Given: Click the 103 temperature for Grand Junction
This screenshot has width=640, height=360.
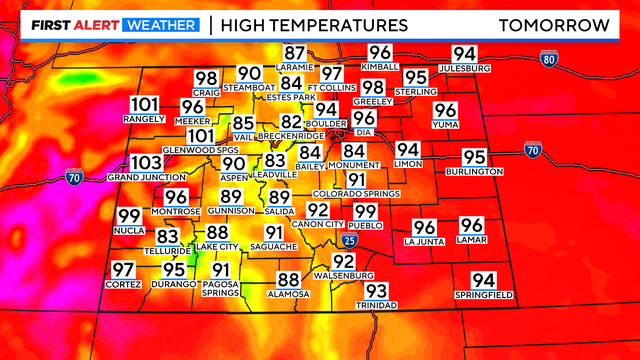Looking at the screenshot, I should pos(145,163).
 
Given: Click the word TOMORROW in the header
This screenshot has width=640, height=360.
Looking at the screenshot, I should pos(554,25).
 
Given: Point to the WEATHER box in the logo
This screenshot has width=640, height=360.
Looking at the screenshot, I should pos(159,25).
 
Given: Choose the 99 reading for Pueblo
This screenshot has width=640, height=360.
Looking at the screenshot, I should pos(365,212).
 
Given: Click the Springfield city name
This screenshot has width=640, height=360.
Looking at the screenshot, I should pos(483,295).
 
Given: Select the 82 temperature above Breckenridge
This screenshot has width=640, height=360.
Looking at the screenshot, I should pos(291,122).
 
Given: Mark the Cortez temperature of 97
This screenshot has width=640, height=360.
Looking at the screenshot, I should pos(123,270).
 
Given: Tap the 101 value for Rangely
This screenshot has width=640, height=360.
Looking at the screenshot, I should pos(145,104).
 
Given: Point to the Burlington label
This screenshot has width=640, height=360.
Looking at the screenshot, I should pos(475,172).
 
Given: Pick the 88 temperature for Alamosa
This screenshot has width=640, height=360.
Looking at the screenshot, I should pos(288,281).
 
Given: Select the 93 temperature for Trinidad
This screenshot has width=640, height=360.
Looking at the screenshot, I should pos(377,291).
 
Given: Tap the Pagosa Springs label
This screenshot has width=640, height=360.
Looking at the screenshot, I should pos(220,289).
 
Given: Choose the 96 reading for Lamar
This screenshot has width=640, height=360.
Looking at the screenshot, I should pos(471,226).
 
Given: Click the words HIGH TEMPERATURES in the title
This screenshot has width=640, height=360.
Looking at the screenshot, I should pos(314,25).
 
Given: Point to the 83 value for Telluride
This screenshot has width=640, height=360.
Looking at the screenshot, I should pos(168,236).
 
